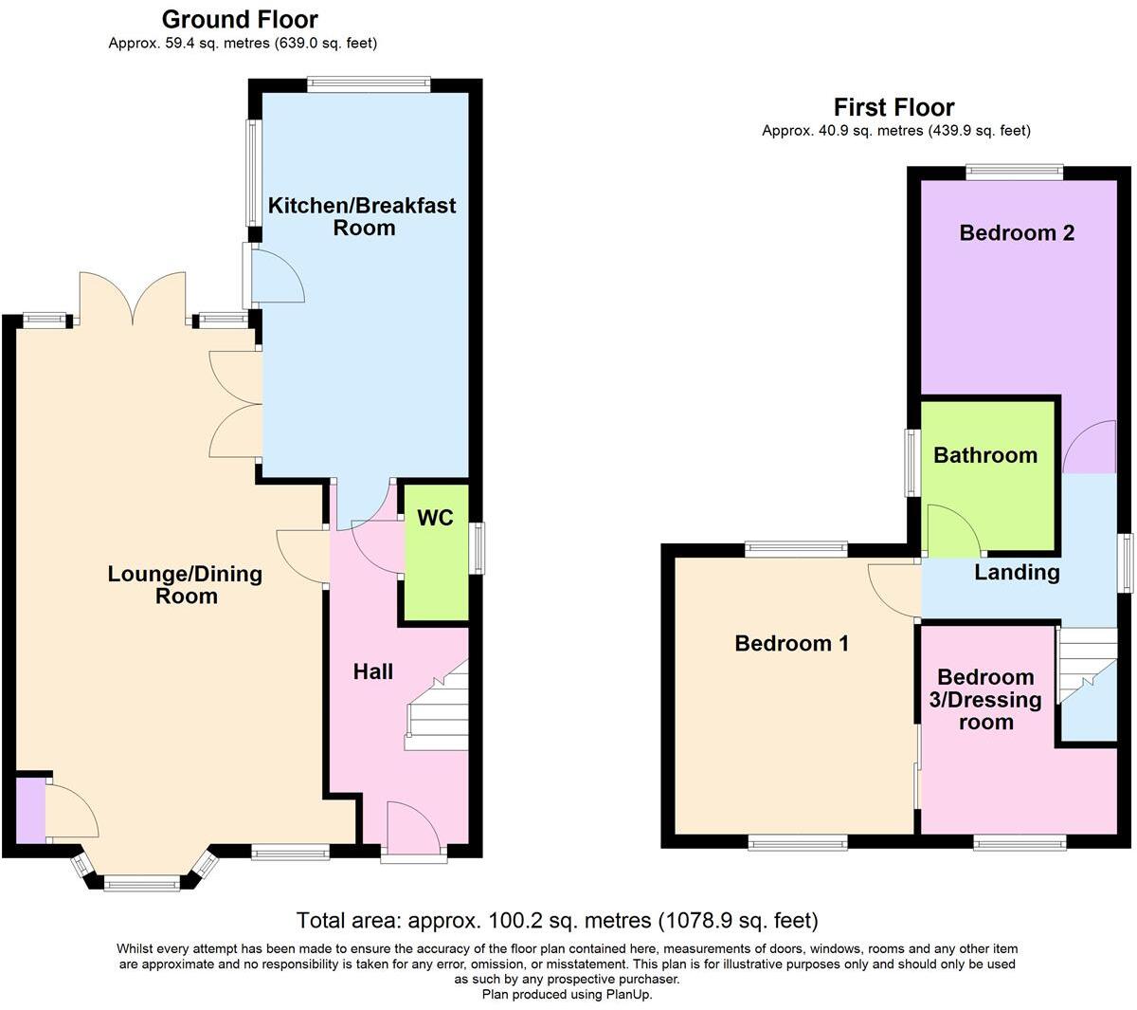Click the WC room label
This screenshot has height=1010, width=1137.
tap(435, 518)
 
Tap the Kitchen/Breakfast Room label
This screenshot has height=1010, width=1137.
tap(362, 216)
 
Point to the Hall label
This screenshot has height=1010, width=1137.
tap(372, 671)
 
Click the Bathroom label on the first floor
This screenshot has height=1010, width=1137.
tap(985, 455)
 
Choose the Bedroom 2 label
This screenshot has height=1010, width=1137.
tap(1017, 232)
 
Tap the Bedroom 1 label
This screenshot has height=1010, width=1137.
tap(791, 643)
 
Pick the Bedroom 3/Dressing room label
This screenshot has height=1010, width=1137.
tap(985, 699)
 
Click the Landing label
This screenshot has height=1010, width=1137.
tap(1017, 572)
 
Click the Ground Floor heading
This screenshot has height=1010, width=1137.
tap(240, 19)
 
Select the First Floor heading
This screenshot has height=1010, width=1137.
tap(893, 107)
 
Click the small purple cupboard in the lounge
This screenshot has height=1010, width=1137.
tap(30, 809)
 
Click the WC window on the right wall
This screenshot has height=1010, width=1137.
tap(478, 548)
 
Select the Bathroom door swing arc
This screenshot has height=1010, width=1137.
tap(952, 529)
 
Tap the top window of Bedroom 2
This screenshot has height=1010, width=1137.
tap(1014, 172)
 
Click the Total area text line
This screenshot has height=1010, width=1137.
tap(557, 920)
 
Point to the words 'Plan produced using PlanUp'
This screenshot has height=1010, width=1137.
tap(567, 995)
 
